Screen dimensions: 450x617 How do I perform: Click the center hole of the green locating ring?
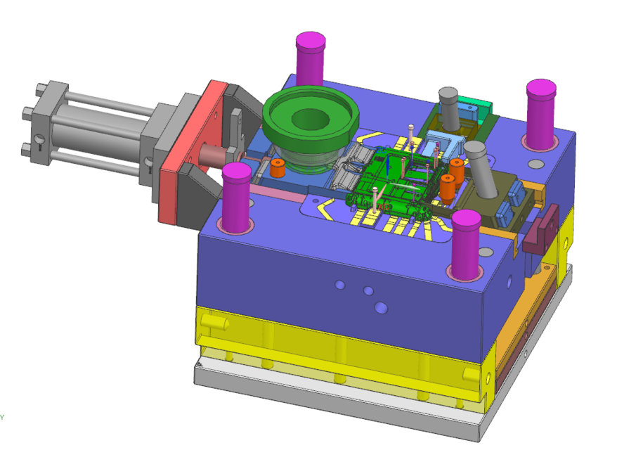click(310, 120)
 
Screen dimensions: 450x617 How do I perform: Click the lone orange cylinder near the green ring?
click(277, 168)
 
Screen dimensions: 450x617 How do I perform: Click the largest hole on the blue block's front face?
click(381, 307)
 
